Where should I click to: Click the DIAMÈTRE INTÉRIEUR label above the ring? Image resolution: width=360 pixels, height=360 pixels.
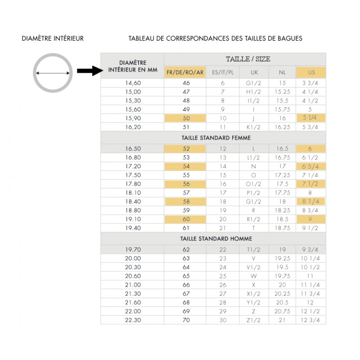pyautogui.click(x=53, y=39)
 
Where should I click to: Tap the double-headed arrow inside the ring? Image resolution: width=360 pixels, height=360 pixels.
pyautogui.click(x=53, y=73)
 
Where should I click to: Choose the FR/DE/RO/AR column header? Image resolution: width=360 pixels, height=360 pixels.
pyautogui.click(x=185, y=72)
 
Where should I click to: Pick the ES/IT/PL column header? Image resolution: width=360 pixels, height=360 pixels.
pyautogui.click(x=222, y=72)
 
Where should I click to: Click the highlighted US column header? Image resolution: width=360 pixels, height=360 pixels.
pyautogui.click(x=311, y=72)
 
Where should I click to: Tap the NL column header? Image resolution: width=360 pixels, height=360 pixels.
pyautogui.click(x=282, y=72)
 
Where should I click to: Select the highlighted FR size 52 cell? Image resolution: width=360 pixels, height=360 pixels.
pyautogui.click(x=185, y=148)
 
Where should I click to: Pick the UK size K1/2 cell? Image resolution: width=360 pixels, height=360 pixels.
pyautogui.click(x=254, y=127)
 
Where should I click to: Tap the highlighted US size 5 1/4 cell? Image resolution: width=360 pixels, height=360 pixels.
pyautogui.click(x=310, y=118)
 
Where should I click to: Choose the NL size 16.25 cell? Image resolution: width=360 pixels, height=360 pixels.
pyautogui.click(x=282, y=127)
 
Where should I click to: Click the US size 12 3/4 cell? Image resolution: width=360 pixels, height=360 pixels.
pyautogui.click(x=310, y=320)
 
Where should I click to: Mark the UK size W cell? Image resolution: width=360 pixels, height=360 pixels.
pyautogui.click(x=254, y=276)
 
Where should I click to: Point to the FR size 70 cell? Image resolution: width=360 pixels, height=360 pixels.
pyautogui.click(x=185, y=320)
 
